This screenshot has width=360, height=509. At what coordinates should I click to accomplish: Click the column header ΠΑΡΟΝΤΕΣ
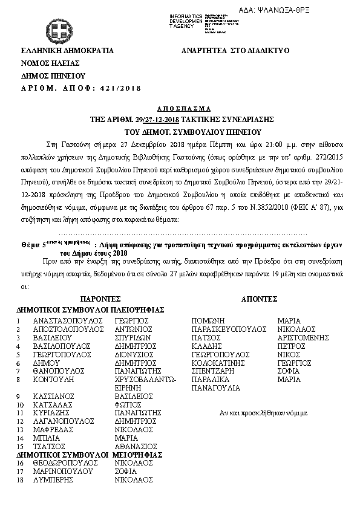(100, 299)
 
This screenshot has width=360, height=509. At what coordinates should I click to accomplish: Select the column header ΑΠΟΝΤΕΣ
(259, 299)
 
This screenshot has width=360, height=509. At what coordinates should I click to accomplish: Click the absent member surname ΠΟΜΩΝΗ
(208, 320)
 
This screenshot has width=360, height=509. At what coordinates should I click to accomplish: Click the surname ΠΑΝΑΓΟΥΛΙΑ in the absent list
(215, 387)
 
